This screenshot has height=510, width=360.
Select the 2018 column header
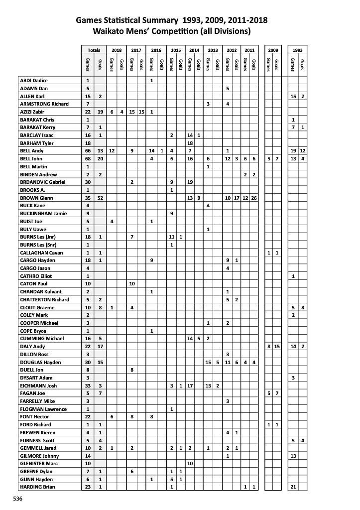click(117, 50)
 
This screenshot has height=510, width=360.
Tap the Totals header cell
click(94, 50)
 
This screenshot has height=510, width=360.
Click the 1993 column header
click(298, 50)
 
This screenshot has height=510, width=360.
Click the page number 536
click(18, 498)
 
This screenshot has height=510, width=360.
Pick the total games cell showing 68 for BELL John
click(88, 158)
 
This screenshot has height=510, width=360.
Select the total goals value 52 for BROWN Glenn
click(100, 198)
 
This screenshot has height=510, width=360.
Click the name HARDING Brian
click(37, 487)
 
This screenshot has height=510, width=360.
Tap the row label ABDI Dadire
click(33, 80)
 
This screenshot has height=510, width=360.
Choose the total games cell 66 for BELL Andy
click(88, 150)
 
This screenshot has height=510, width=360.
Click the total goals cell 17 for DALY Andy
click(100, 346)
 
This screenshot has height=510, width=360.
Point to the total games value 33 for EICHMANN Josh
click(88, 385)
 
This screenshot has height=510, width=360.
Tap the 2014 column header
click(194, 50)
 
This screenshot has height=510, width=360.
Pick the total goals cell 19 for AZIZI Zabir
click(100, 112)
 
